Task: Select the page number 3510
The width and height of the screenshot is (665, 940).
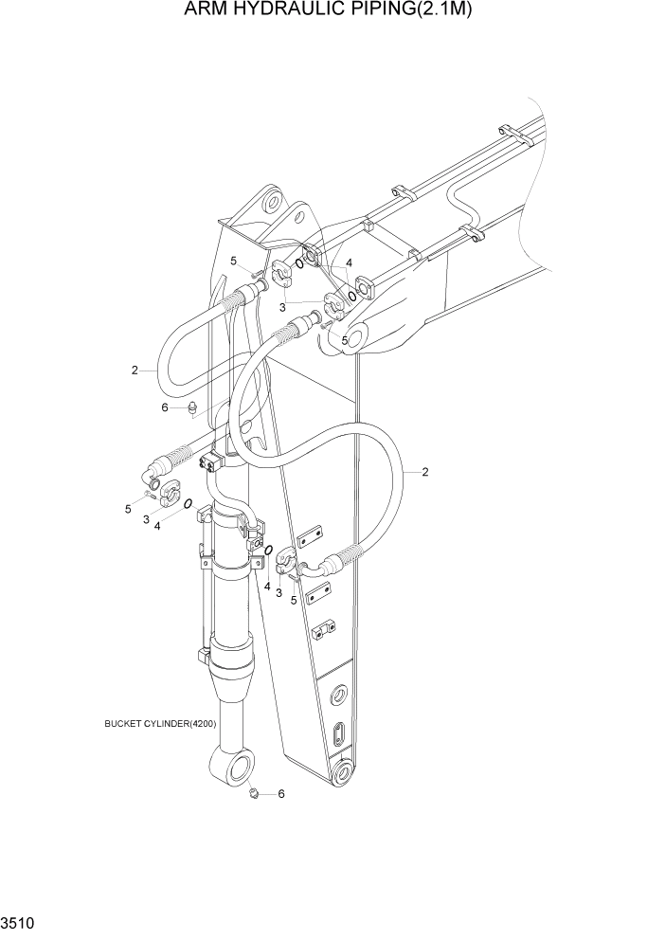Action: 17,920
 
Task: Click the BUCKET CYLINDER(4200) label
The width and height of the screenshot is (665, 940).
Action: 161,723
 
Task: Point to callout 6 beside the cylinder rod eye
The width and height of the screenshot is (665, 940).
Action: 280,794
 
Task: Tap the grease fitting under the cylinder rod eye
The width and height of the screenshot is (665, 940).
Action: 254,791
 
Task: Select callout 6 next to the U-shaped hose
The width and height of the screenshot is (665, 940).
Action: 164,407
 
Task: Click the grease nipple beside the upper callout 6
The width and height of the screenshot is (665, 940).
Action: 191,408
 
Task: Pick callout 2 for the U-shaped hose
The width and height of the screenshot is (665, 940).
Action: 135,370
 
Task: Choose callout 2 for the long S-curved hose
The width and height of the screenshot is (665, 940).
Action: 424,471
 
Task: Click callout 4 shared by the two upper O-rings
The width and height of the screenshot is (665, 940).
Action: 350,262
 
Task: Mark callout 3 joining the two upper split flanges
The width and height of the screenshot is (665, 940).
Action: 282,307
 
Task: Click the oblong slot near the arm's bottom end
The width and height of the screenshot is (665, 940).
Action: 339,734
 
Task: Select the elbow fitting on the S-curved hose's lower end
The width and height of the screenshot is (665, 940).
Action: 314,568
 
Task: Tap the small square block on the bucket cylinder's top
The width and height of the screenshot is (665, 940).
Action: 209,462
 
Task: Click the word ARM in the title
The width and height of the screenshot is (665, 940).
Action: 211,10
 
